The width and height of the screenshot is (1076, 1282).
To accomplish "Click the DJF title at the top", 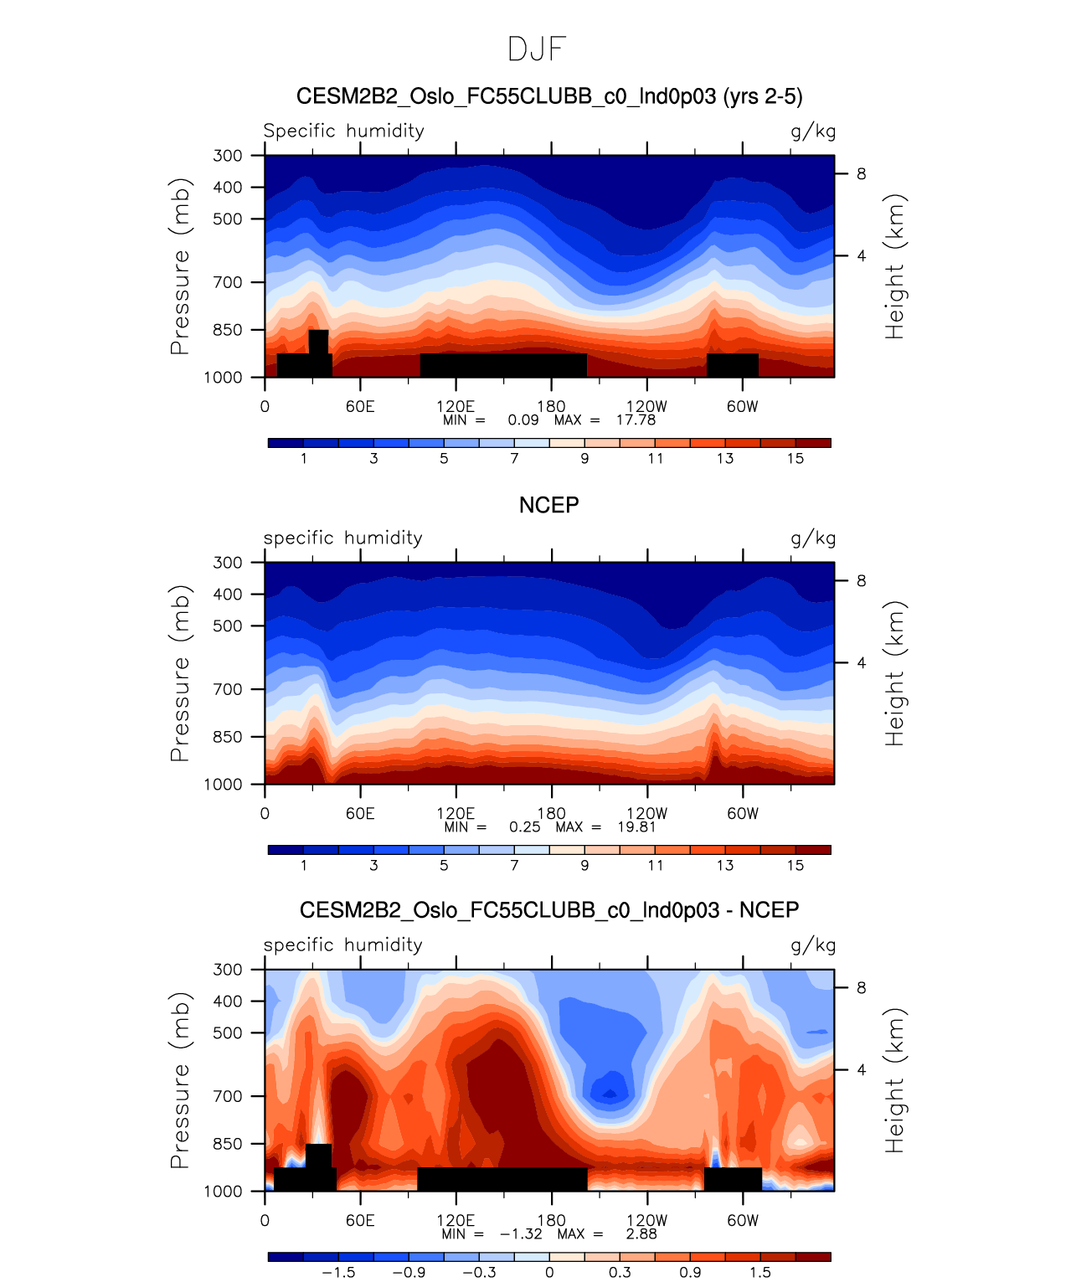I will point(537,49).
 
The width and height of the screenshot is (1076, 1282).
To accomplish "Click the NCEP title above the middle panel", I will point(548,505).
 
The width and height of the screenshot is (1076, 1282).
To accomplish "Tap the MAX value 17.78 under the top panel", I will point(636,420).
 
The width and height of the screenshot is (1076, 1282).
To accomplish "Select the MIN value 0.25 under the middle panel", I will point(525,826).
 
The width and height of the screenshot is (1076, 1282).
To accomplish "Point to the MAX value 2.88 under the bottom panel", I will point(641,1233).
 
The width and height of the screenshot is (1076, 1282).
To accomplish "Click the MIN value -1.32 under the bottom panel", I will point(521,1233).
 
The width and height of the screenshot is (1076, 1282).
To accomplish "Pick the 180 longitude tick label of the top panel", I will point(551,406).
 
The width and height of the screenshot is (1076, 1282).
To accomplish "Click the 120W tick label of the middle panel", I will point(646,813).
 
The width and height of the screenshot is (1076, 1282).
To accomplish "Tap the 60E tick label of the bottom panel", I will point(360,1220).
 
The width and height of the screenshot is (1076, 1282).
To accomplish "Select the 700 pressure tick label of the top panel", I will point(227,282).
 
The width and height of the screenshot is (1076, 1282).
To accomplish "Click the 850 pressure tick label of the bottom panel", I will point(227,1144).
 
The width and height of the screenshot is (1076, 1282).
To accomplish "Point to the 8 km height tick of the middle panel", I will point(861,581).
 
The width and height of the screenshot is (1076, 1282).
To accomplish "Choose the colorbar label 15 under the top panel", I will point(795,458).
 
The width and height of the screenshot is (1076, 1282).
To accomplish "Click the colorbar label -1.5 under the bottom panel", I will point(338,1272).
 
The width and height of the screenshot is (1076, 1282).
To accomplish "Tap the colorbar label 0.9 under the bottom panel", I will point(690,1272).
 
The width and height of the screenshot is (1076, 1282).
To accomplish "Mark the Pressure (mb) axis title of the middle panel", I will point(180,673).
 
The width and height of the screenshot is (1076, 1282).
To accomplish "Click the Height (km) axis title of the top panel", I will point(895,266).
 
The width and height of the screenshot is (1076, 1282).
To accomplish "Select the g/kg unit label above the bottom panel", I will point(813,945).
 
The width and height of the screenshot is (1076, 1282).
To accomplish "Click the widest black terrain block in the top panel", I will point(503,365).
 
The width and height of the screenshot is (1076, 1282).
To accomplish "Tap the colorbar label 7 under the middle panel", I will point(514,865).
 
